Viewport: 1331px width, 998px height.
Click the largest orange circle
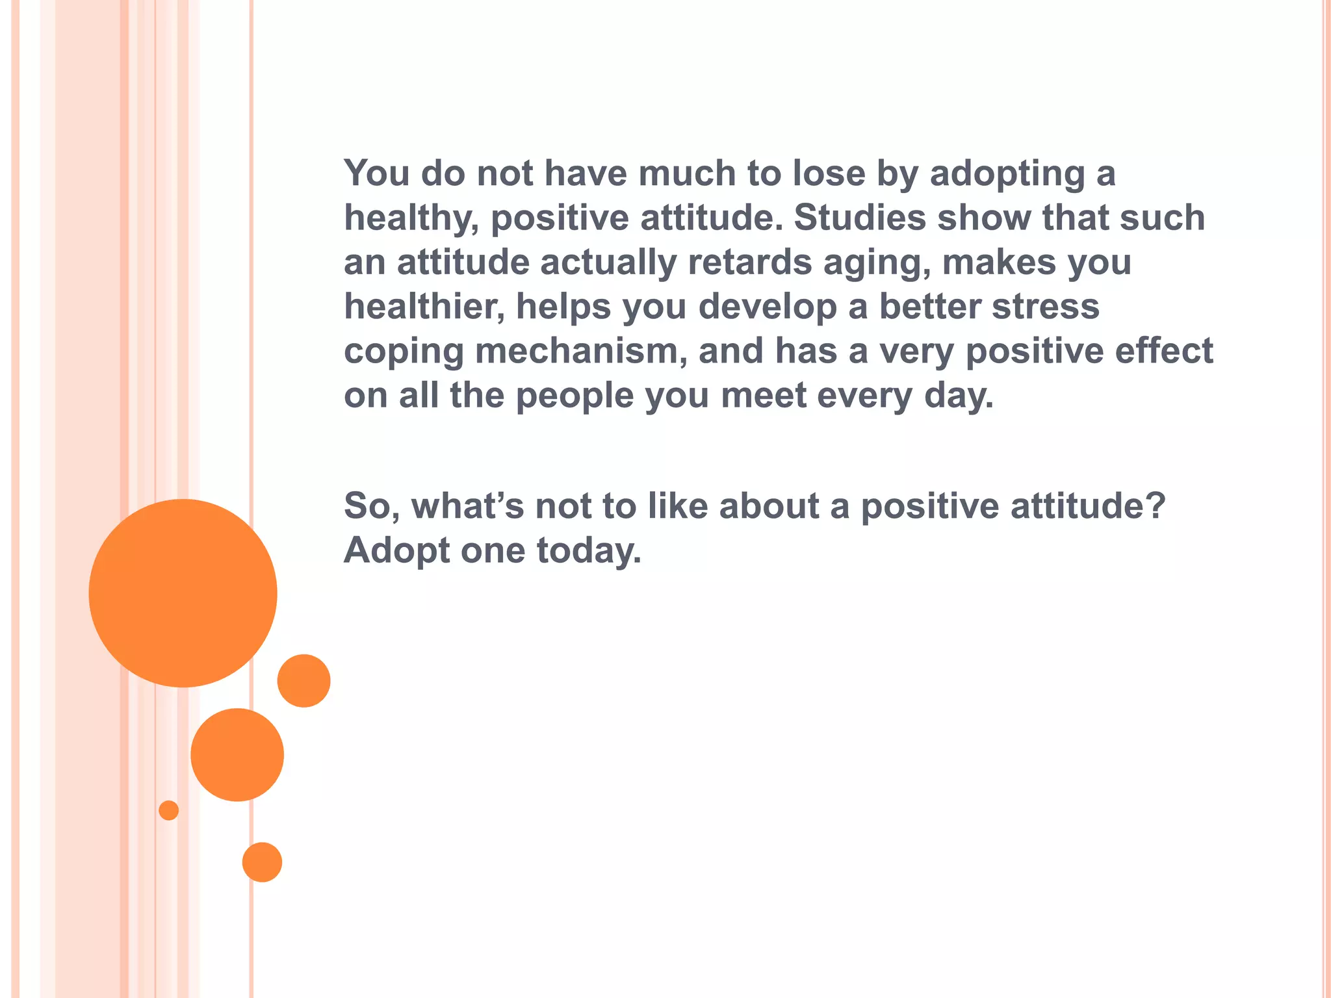point(183,593)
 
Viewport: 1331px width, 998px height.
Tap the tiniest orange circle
point(168,810)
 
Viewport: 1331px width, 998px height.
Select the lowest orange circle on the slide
point(262,862)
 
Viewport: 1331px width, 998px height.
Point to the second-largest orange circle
point(237,754)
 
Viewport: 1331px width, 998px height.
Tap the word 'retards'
point(749,262)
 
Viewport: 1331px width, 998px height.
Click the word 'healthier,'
point(424,306)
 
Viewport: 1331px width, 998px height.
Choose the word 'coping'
point(404,352)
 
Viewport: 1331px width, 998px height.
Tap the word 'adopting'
point(1007,174)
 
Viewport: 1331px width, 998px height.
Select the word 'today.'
point(589,551)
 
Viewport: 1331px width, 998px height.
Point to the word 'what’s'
point(467,505)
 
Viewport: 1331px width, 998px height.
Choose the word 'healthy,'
point(411,218)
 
